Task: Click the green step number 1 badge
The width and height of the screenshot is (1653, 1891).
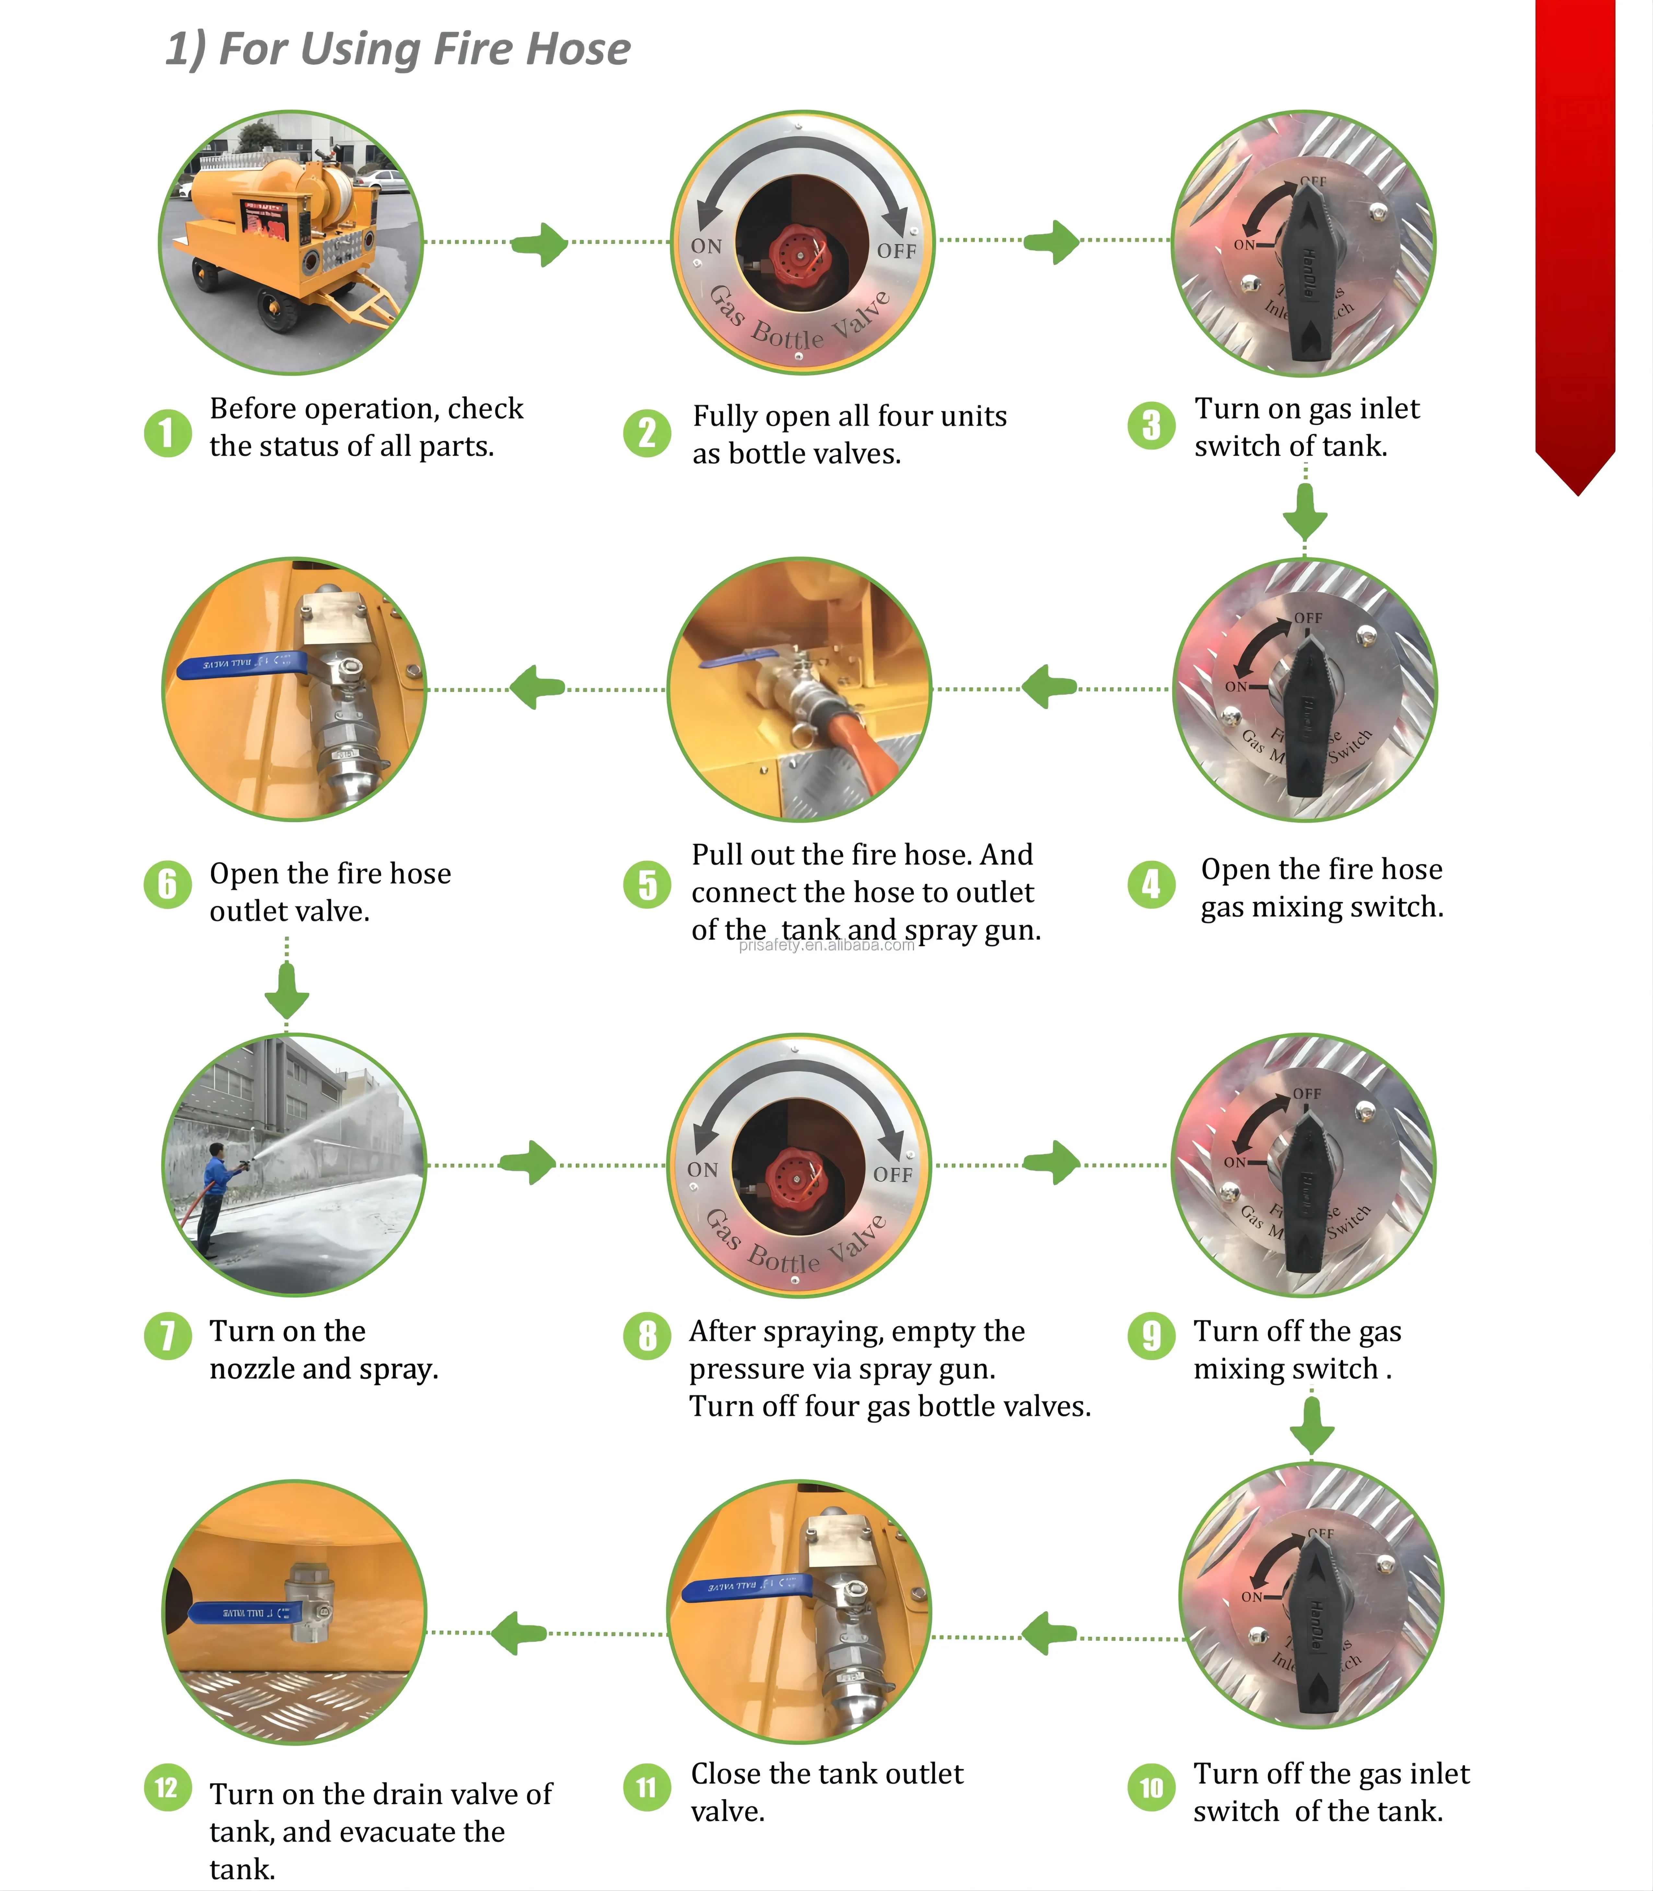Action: [x=167, y=433]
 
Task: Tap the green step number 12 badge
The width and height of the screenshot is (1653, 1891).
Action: [x=167, y=1788]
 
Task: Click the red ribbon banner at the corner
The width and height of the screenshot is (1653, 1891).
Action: [x=1576, y=230]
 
